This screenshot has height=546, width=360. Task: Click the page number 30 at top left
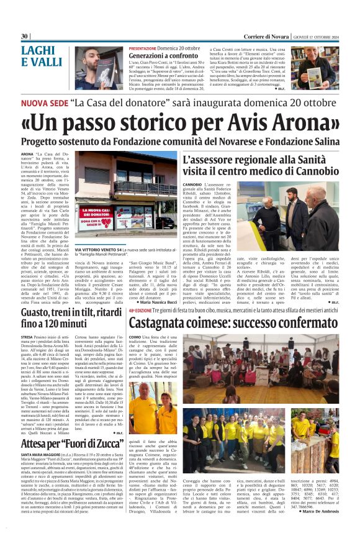coord(25,36)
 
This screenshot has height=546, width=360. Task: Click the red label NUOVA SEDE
coord(43,102)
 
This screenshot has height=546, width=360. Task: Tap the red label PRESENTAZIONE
coord(146,48)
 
